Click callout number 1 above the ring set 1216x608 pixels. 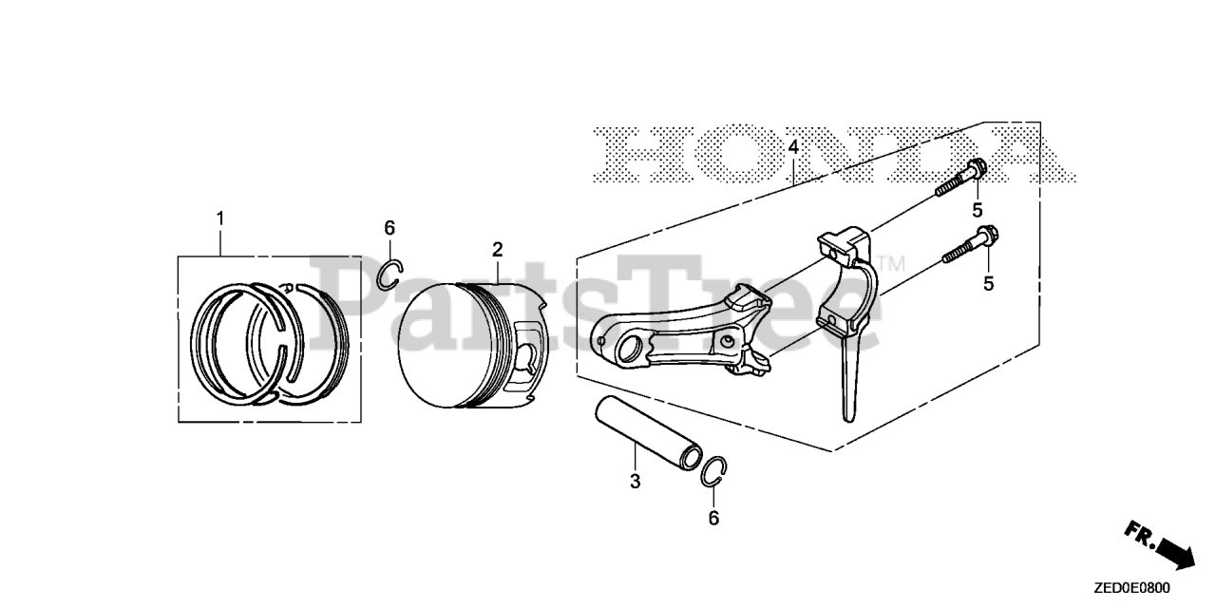point(220,219)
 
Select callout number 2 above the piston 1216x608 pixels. point(497,249)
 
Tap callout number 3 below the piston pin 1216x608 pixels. point(635,481)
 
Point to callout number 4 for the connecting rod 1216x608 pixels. point(793,147)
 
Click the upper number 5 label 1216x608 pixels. point(976,209)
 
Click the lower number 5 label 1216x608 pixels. point(988,282)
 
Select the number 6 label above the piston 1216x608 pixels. point(389,227)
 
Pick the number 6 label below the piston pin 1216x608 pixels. point(713,518)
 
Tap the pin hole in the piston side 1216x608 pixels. point(530,360)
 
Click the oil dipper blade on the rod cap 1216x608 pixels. point(847,380)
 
